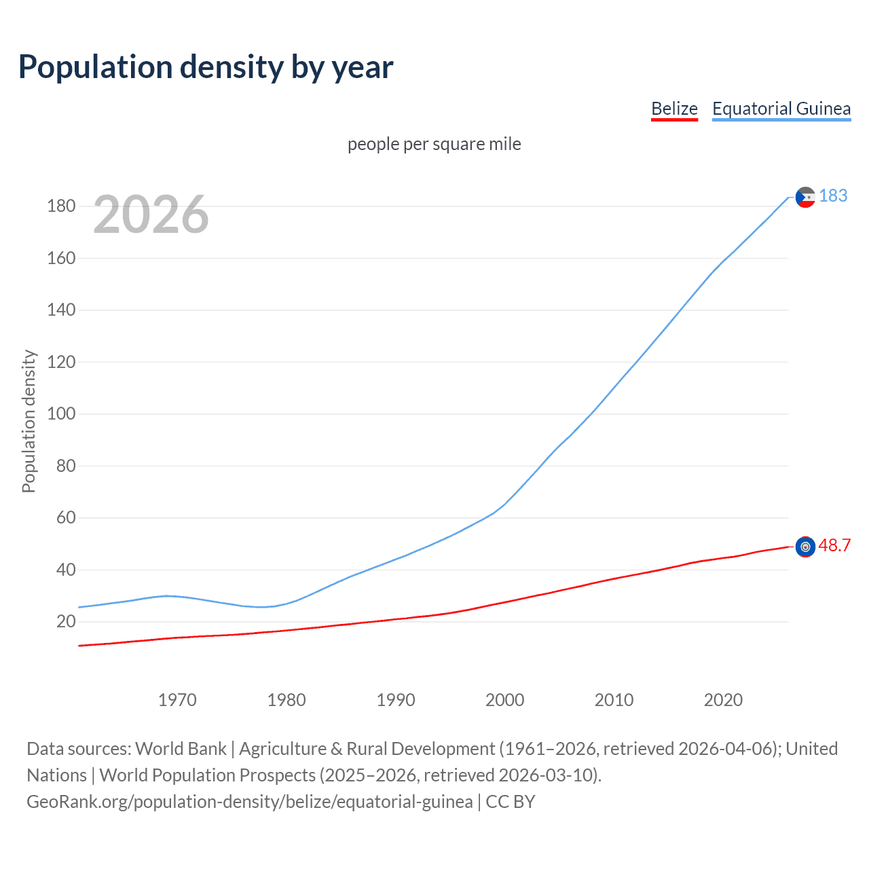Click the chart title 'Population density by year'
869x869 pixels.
pyautogui.click(x=206, y=67)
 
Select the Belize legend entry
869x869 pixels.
pyautogui.click(x=674, y=109)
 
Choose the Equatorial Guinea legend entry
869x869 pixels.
pyautogui.click(x=781, y=109)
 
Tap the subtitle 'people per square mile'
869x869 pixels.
pyautogui.click(x=434, y=144)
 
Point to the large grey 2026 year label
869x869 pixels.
pyautogui.click(x=151, y=215)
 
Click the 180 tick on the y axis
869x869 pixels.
pyautogui.click(x=61, y=206)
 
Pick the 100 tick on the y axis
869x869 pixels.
pyautogui.click(x=61, y=413)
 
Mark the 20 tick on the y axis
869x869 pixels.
pyautogui.click(x=66, y=621)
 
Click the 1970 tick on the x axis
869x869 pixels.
pyautogui.click(x=177, y=700)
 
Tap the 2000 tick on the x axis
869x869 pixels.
pyautogui.click(x=504, y=700)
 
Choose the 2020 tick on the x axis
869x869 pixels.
pyautogui.click(x=723, y=700)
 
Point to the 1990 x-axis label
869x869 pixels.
pyautogui.click(x=396, y=700)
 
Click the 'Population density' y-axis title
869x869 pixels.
pyautogui.click(x=29, y=421)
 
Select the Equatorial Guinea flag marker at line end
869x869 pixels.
pyautogui.click(x=805, y=198)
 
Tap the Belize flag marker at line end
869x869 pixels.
pyautogui.click(x=805, y=547)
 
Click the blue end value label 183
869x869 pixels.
pyautogui.click(x=833, y=196)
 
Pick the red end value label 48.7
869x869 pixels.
pyautogui.click(x=834, y=545)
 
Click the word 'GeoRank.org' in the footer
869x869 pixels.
pyautogui.click(x=79, y=802)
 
